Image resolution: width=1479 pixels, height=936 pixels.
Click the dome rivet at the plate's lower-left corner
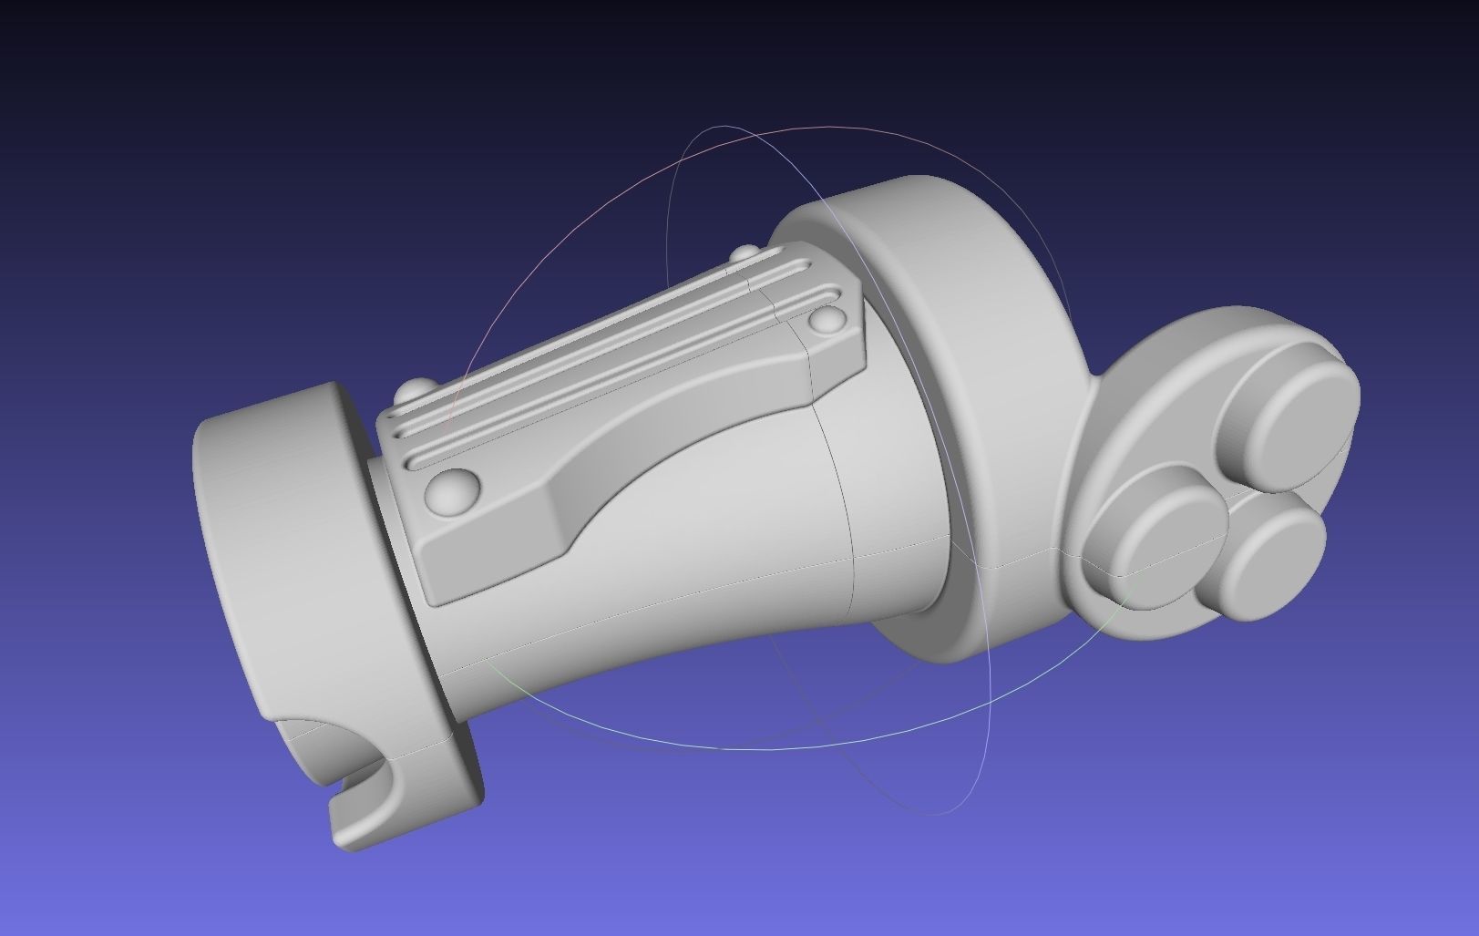point(453,492)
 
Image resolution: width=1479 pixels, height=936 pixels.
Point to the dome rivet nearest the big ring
point(828,319)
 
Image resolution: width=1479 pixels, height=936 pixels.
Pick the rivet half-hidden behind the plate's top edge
point(746,252)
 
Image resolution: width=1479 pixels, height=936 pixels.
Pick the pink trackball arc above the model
point(583,201)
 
